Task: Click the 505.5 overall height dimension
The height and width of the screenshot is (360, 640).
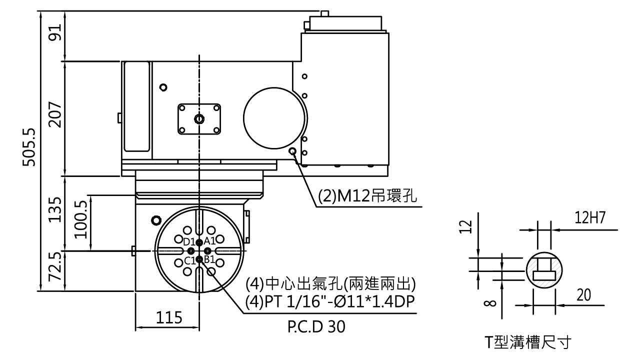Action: pos(29,147)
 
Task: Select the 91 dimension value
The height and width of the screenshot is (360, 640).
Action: pos(54,32)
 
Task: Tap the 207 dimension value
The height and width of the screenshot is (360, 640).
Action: pos(54,114)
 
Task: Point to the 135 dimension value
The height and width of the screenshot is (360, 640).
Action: pos(54,209)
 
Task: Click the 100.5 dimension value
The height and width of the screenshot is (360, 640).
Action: pos(81,219)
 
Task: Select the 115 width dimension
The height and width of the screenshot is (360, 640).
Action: pos(169,317)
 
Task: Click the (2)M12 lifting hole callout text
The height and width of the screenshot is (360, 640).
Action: pos(367,196)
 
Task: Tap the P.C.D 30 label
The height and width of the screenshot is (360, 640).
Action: pos(316,326)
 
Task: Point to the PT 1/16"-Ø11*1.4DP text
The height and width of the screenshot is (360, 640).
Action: pos(340,301)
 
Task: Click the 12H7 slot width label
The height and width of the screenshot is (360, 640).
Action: pos(590,218)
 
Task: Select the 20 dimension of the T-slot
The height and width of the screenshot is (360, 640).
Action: pos(583,295)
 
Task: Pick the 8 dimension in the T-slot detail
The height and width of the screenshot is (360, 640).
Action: pos(490,303)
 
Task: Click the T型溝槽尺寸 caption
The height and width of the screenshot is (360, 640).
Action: pos(528,341)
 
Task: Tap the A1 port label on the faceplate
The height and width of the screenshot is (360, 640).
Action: pos(209,241)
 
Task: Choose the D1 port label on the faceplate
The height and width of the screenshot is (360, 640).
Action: pos(189,242)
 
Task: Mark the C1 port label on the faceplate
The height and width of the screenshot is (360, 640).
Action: pos(189,260)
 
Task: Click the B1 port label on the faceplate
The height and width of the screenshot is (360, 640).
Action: pos(209,259)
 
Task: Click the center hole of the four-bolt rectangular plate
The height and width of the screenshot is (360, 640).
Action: pos(199,119)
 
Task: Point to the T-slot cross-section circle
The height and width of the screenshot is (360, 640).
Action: pos(544,252)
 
